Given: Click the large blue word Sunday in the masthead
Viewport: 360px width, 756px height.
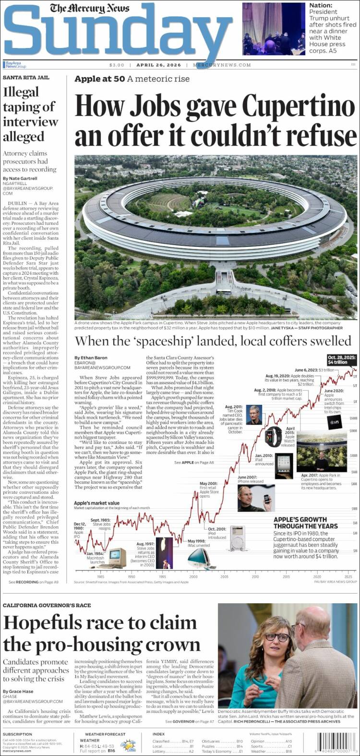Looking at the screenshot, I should (118, 34).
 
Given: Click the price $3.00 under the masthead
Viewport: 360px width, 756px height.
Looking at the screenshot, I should (117, 65).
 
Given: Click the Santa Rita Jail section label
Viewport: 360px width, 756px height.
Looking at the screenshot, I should (26, 77).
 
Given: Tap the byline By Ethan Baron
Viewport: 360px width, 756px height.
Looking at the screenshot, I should (94, 358).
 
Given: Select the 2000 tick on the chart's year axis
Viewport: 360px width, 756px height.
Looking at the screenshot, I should (193, 576).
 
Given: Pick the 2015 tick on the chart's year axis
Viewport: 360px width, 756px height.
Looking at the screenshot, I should (286, 576).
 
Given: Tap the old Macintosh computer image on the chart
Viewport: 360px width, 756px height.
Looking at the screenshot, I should (117, 557).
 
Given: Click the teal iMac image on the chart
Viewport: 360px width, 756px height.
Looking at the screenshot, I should (198, 557).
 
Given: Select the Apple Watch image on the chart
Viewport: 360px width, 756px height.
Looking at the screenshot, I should (272, 437).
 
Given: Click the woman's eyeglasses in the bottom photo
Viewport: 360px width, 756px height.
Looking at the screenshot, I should (277, 637).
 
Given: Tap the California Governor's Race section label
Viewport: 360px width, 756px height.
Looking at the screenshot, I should (47, 605).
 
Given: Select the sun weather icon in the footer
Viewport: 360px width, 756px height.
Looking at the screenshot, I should (128, 745).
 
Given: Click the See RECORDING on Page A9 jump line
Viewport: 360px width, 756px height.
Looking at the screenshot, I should (34, 582).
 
